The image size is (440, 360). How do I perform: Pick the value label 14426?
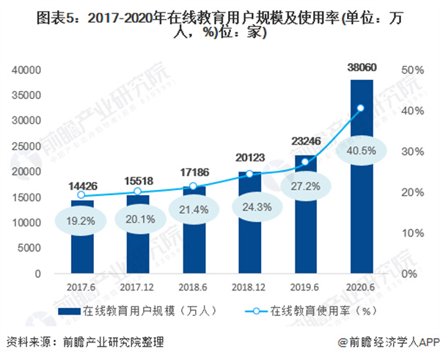coord(82,188)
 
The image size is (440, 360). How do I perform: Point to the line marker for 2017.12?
coord(137,191)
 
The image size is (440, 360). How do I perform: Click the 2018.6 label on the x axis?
coord(194,286)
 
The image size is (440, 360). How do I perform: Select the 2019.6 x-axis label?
coord(306,286)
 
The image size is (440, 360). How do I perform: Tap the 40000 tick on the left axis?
coord(35,70)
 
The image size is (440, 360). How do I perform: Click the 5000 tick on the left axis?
coord(38,247)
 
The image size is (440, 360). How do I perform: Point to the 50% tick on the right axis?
coord(409,70)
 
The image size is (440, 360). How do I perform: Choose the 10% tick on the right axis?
coord(409,232)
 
